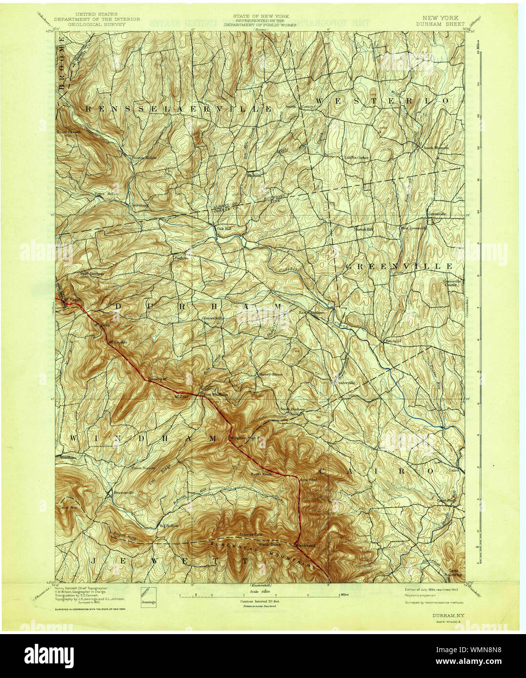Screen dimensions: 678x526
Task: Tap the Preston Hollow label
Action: click(x=142, y=158)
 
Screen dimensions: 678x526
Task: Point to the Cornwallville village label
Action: click(x=213, y=318)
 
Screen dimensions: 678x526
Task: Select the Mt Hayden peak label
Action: click(x=118, y=342)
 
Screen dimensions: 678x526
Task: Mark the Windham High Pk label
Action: click(x=246, y=438)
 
